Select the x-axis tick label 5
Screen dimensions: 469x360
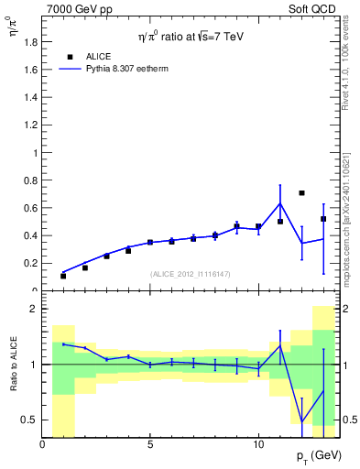150,444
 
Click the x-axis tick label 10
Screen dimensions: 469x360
257,444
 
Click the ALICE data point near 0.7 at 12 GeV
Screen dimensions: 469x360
301,193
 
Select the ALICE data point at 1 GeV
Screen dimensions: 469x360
63,276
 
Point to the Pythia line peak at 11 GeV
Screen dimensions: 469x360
279,202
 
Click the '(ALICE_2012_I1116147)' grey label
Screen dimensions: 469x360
190,274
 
